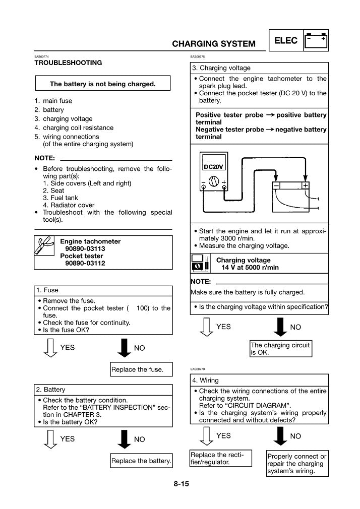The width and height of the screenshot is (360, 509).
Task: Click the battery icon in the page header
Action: click(x=316, y=40)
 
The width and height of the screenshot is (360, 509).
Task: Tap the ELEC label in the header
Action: click(x=286, y=40)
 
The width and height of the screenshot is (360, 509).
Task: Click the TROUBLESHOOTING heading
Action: click(x=68, y=63)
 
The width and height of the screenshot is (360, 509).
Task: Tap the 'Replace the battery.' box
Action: click(x=141, y=461)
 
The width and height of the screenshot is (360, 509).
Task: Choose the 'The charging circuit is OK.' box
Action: click(x=280, y=349)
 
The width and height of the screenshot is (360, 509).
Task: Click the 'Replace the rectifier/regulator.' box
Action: click(x=220, y=459)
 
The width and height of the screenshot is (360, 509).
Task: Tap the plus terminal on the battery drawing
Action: click(x=306, y=185)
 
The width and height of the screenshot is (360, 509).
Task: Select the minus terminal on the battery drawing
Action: click(x=276, y=185)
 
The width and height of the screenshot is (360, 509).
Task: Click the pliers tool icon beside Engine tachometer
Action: click(x=45, y=252)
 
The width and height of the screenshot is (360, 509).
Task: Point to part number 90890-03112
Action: click(x=85, y=263)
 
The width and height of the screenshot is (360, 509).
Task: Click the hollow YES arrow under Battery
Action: click(x=49, y=439)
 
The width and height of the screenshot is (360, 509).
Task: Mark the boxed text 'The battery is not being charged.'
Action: click(x=102, y=84)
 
